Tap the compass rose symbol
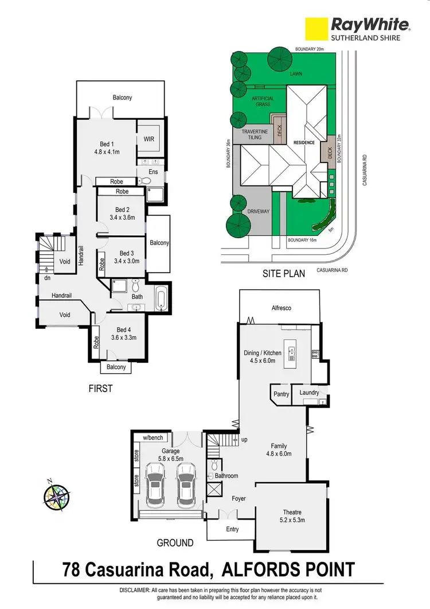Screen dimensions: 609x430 57,495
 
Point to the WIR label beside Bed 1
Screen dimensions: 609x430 149,139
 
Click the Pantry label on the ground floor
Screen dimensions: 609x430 281,394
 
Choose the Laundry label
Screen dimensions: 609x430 309,393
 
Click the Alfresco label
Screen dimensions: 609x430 282,308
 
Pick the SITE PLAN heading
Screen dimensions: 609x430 283,274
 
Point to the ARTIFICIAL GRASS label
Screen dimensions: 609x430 263,102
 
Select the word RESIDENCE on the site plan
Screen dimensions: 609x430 304,142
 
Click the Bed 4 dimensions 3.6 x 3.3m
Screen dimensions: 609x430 123,338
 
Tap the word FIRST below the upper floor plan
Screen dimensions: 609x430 100,389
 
